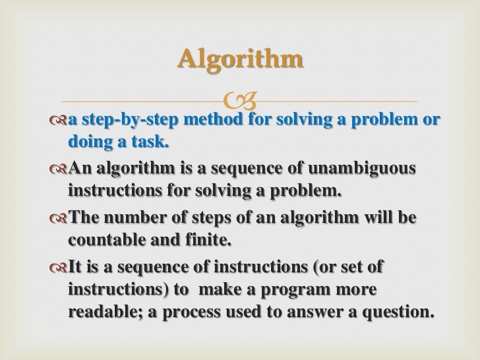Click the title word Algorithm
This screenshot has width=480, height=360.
coord(240,60)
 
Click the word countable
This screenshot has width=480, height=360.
coord(105,238)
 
